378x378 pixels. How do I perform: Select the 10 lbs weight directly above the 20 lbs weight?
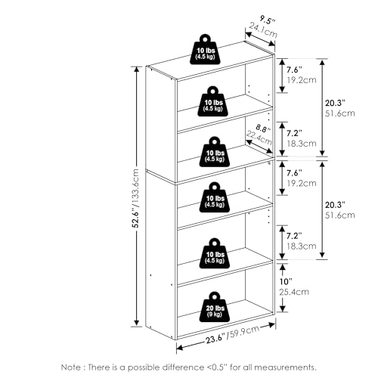215,253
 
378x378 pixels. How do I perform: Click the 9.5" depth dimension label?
267,20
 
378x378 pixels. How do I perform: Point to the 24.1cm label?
263,30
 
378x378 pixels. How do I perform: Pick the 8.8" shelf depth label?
263,129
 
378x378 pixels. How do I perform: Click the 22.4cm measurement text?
259,138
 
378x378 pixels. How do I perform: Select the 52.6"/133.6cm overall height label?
136,198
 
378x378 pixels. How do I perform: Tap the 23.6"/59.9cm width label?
232,335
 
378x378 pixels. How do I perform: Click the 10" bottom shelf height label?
286,281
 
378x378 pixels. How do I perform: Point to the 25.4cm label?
294,292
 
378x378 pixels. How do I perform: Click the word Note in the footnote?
70,367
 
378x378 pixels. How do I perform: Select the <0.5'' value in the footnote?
216,367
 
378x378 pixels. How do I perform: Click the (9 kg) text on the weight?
215,314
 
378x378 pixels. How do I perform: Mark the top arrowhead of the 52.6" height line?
137,70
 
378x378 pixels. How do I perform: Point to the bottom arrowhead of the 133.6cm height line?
137,323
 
